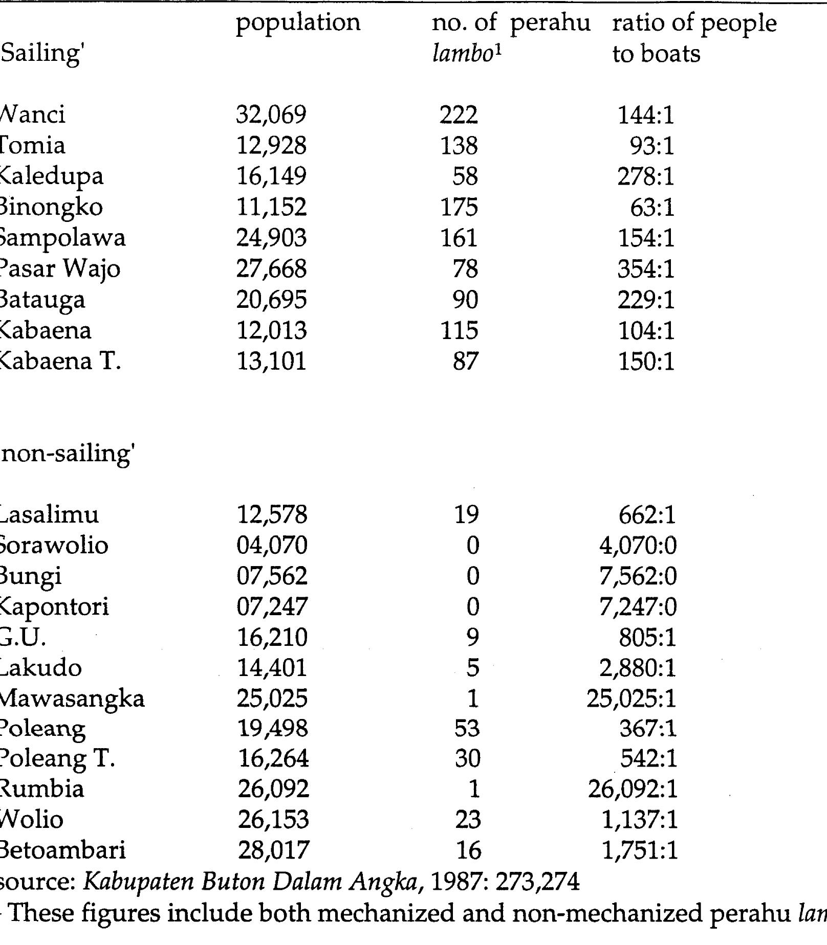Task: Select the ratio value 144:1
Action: click(x=646, y=115)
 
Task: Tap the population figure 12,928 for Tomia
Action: click(x=271, y=146)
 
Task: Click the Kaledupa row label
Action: click(x=51, y=177)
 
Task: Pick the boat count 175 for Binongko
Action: click(x=459, y=208)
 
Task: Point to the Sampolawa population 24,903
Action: click(x=271, y=238)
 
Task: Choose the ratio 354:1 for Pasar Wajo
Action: click(x=646, y=269)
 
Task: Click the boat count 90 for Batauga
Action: click(x=465, y=300)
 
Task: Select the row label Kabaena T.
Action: click(x=60, y=362)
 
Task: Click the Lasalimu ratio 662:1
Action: click(x=647, y=515)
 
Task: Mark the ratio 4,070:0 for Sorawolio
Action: click(x=638, y=546)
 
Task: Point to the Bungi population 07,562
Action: click(x=272, y=576)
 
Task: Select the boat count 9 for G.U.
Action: click(x=472, y=638)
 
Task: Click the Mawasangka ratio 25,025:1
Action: click(x=632, y=699)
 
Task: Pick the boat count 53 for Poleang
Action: click(x=467, y=728)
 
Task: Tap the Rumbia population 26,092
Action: click(x=273, y=789)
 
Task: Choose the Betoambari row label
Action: click(x=62, y=850)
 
